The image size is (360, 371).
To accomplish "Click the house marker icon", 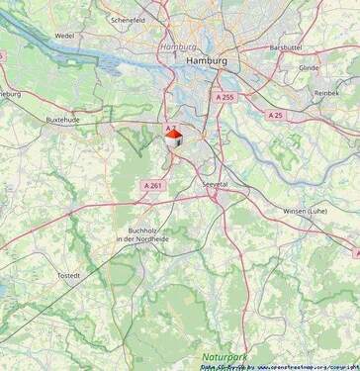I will click(x=173, y=136).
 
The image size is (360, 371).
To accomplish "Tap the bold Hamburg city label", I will click(x=207, y=61).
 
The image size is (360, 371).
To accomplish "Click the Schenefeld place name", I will click(x=129, y=19).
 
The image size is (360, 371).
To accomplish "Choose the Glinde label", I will click(x=309, y=68).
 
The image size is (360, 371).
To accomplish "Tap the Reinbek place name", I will click(x=326, y=92).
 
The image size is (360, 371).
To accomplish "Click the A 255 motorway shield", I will click(x=224, y=98).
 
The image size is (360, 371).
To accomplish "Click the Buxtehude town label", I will click(x=62, y=119).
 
